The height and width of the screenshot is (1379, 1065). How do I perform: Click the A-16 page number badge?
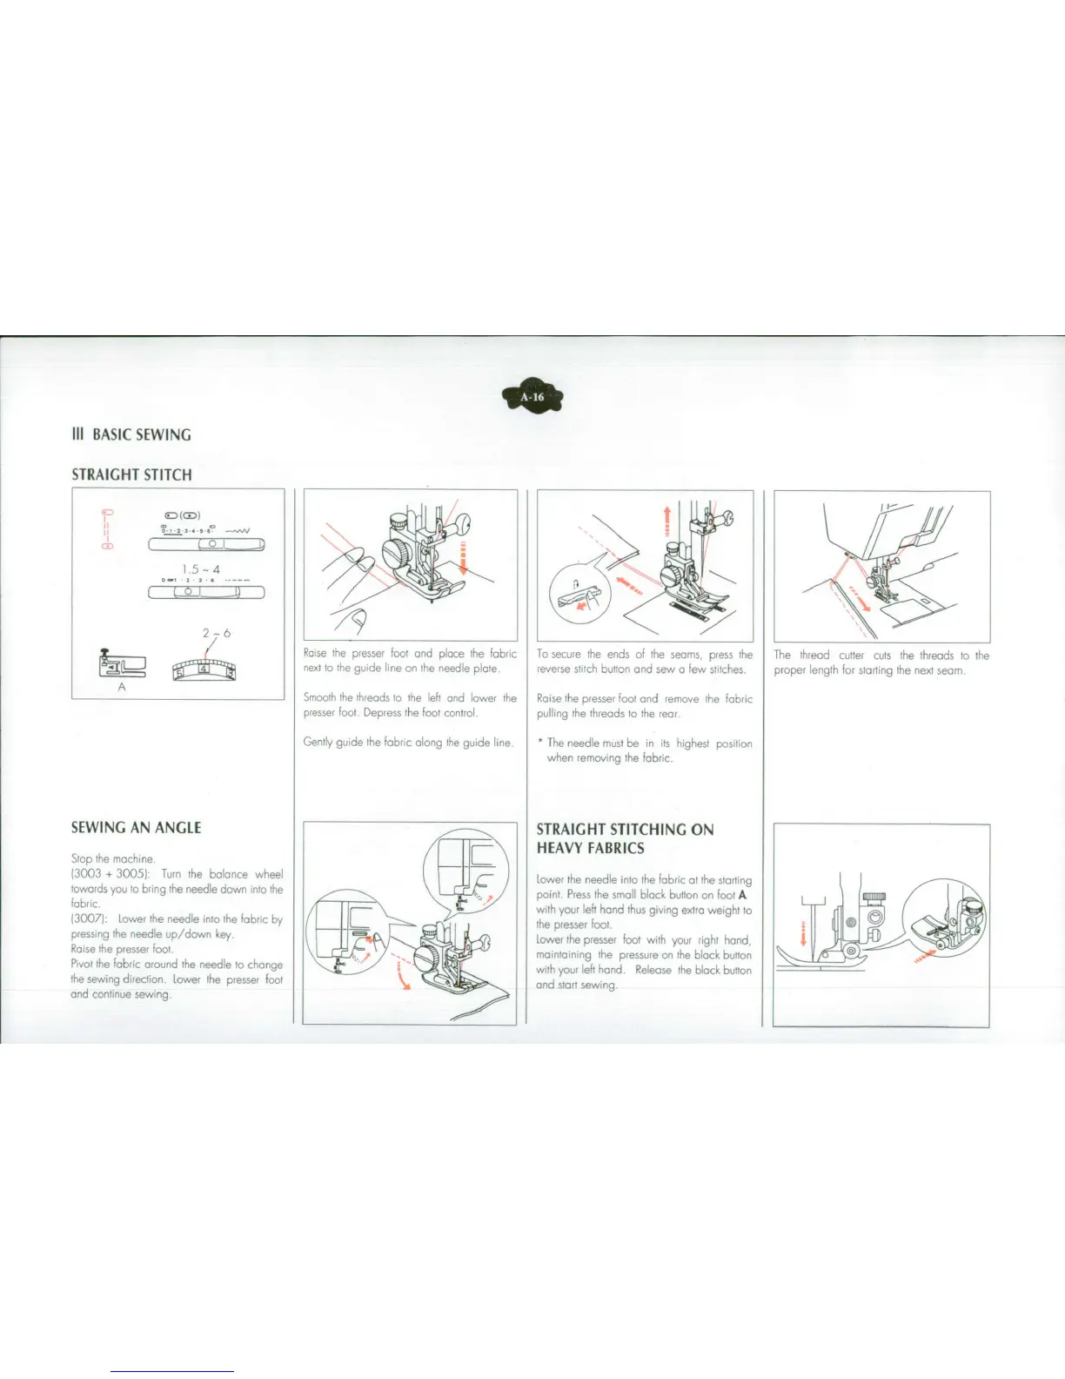[532, 398]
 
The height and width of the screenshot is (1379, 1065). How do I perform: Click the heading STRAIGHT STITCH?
[131, 474]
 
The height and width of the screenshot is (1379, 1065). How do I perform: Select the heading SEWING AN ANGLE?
[136, 827]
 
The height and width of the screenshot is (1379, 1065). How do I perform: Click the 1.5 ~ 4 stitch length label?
[206, 569]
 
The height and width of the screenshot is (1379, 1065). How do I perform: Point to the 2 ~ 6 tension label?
[216, 633]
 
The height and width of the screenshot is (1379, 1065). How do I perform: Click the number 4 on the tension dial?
[204, 669]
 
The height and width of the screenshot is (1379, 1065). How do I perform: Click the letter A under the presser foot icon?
[122, 687]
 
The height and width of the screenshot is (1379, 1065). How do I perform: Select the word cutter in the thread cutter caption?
[851, 656]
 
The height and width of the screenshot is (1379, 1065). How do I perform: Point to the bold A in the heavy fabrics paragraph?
[742, 895]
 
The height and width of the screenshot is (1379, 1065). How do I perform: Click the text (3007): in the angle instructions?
[90, 919]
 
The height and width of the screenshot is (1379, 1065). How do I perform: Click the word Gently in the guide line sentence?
[318, 743]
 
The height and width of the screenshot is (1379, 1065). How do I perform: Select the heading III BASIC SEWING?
[131, 434]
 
